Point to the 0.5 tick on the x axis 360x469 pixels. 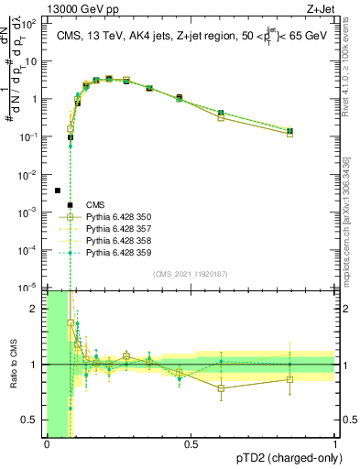tap(191, 445)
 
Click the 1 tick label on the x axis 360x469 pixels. tap(335, 445)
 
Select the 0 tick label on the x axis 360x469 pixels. tap(47, 445)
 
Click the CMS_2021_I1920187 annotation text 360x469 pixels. tap(191, 274)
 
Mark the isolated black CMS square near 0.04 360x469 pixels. tap(58, 191)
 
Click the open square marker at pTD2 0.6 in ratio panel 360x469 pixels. tap(221, 388)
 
